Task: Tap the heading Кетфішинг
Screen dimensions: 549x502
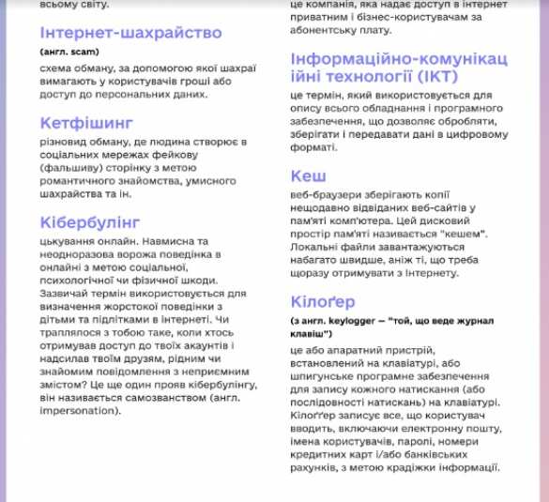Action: [x=87, y=123]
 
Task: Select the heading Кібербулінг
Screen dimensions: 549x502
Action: [x=90, y=222]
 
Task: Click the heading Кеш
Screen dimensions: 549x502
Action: [x=309, y=175]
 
